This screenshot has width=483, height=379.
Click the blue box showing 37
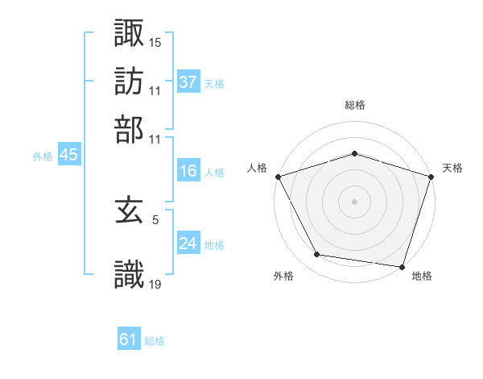(x=188, y=81)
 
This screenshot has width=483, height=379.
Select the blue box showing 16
(x=188, y=171)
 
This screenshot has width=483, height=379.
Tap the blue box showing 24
(x=188, y=244)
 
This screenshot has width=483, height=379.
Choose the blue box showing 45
(x=68, y=155)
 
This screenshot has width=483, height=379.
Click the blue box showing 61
(x=129, y=340)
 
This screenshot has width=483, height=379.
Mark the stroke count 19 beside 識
(x=155, y=284)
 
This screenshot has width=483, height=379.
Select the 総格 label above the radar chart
(x=354, y=106)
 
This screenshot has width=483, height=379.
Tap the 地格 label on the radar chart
(x=422, y=277)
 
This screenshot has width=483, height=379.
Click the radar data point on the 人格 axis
(x=278, y=177)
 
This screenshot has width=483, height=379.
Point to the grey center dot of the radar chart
(x=354, y=202)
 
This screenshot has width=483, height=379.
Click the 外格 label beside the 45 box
(x=43, y=156)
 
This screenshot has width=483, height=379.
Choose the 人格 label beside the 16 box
(x=215, y=173)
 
